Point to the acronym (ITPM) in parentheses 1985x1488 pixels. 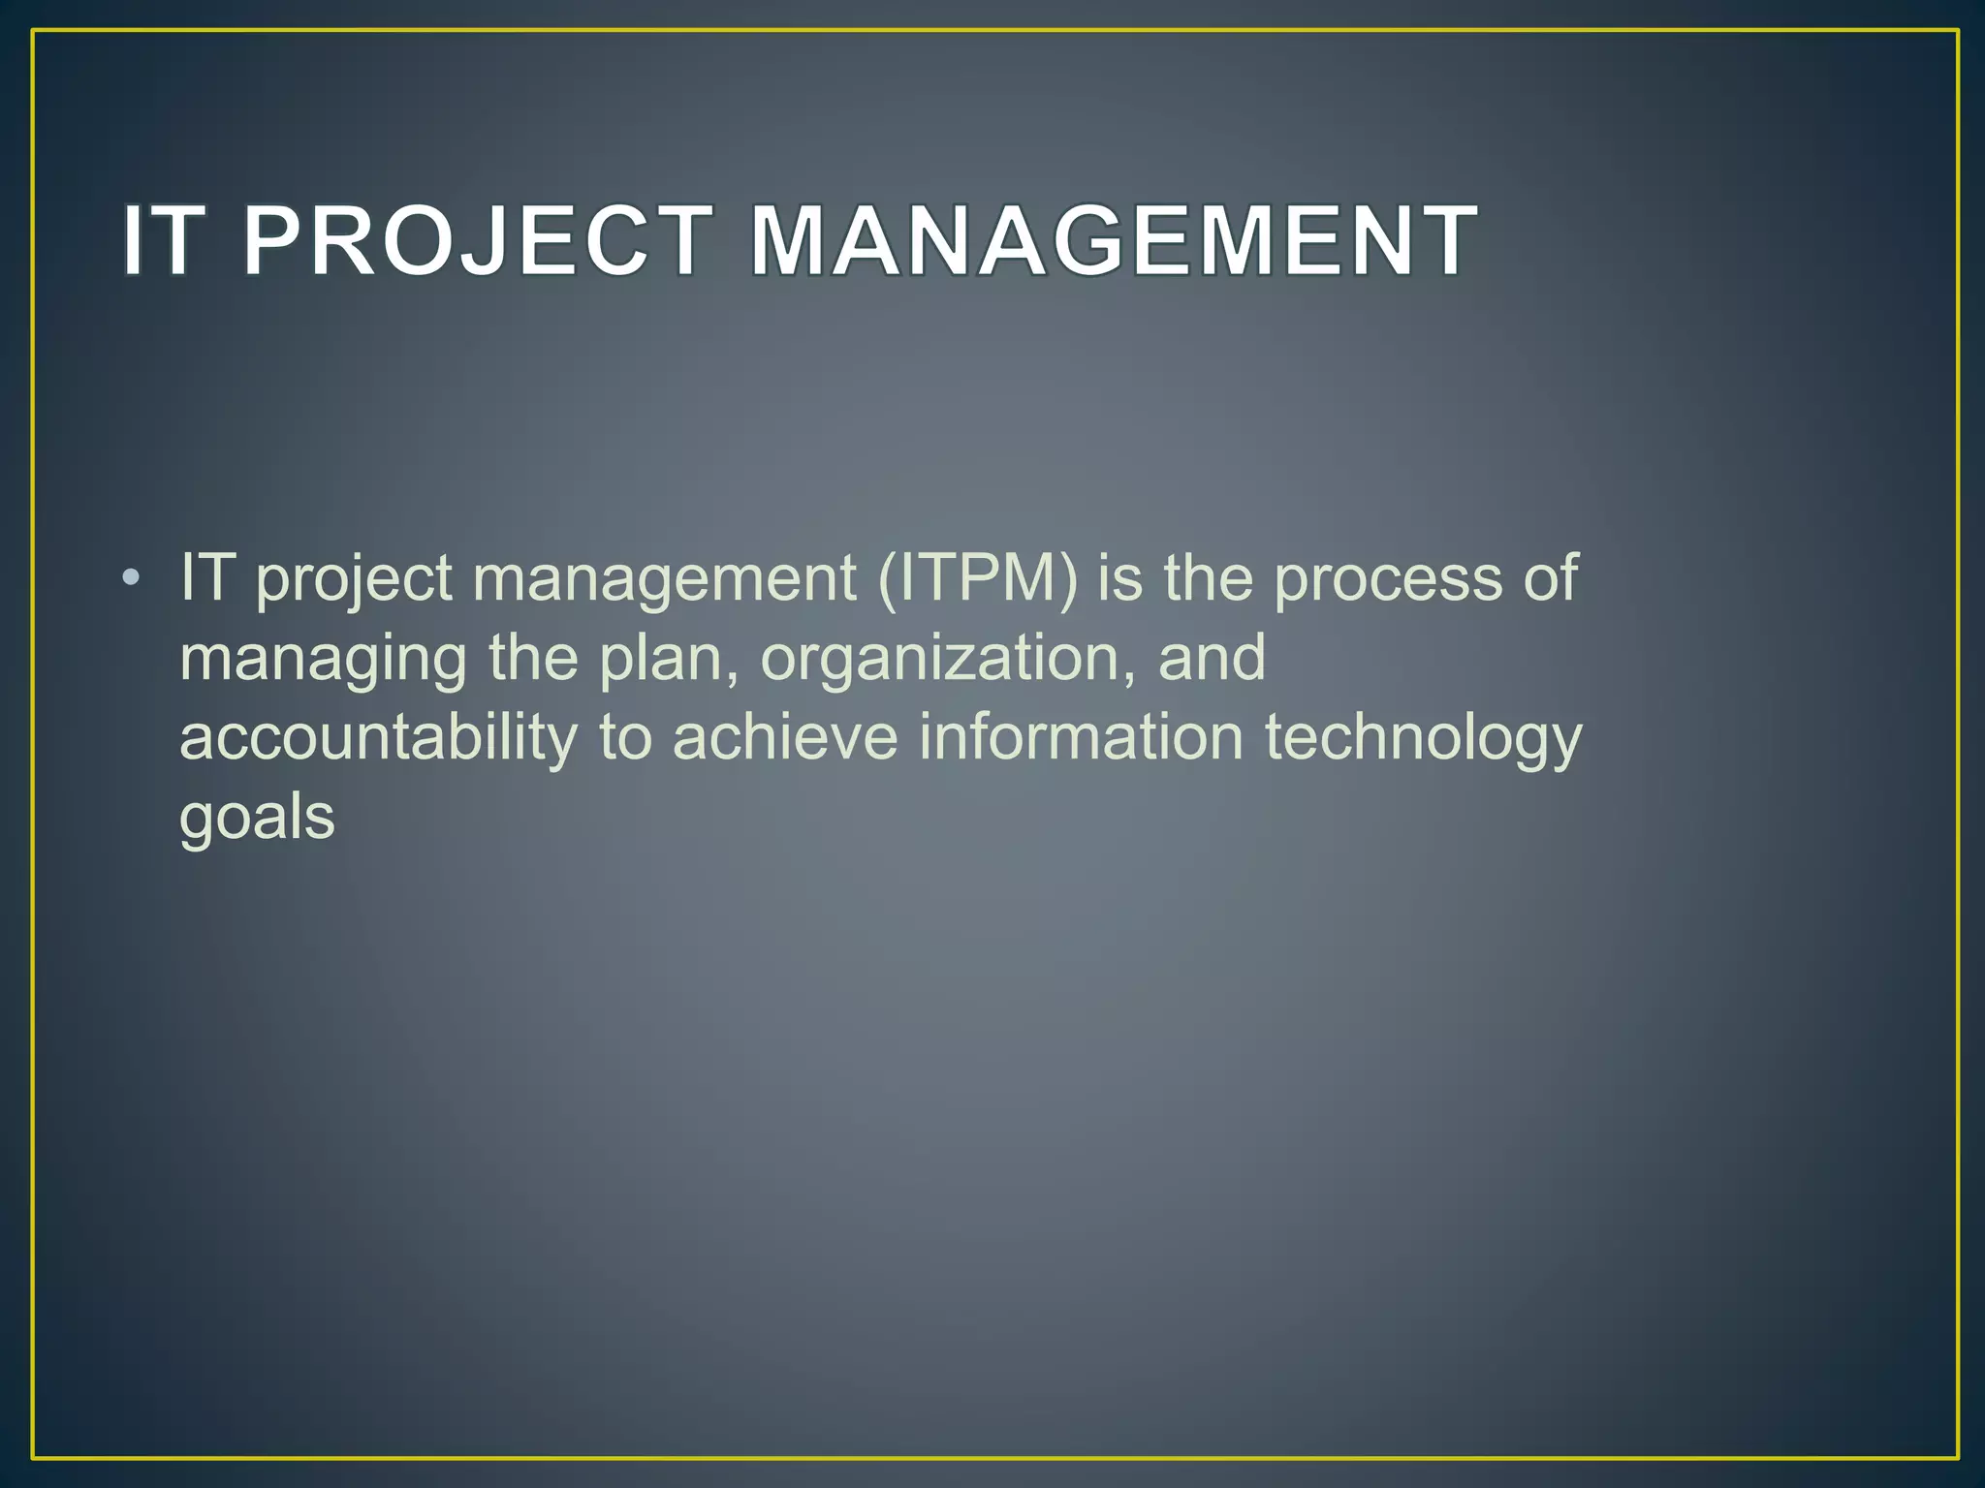click(977, 579)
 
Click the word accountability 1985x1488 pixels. click(378, 738)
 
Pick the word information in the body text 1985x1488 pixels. click(1081, 738)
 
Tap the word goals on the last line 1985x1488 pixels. click(257, 820)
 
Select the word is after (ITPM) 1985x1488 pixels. click(1119, 579)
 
